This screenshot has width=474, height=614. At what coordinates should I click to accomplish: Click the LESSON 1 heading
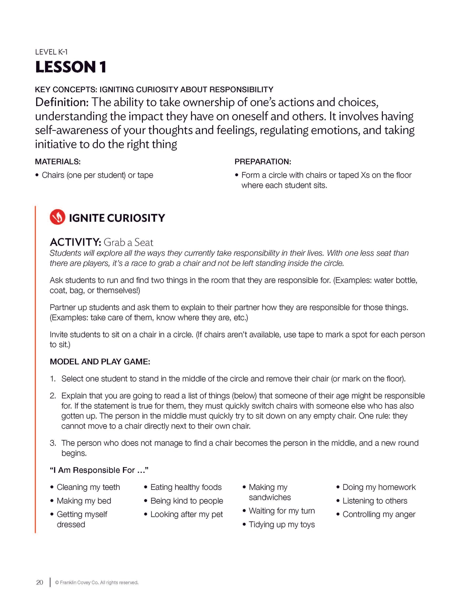(71, 67)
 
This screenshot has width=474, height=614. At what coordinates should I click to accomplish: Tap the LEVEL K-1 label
(51, 52)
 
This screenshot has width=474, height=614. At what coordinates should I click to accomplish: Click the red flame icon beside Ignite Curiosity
(57, 217)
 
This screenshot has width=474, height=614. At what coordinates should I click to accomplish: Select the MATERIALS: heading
(58, 162)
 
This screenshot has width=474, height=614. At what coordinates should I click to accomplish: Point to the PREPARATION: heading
(263, 162)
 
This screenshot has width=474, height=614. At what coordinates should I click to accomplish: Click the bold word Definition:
(62, 102)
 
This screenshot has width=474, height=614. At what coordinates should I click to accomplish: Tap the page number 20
(39, 582)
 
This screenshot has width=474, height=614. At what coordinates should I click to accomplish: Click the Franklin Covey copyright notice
(97, 582)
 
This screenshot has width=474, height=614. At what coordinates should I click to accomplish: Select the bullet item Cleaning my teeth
(88, 487)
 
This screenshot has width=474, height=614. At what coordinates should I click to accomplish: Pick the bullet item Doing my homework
(379, 487)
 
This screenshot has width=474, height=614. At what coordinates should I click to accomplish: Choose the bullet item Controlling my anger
(379, 514)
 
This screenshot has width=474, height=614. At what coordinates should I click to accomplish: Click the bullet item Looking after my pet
(186, 514)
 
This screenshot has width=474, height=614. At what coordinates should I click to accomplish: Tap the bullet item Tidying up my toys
(281, 524)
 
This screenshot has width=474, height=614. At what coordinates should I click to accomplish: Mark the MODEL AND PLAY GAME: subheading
(100, 362)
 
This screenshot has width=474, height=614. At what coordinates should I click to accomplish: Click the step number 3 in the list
(53, 443)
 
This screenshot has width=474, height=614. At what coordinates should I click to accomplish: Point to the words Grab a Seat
(128, 242)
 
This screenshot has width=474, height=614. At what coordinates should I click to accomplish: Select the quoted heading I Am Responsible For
(99, 470)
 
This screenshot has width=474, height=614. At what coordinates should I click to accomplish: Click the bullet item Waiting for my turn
(281, 511)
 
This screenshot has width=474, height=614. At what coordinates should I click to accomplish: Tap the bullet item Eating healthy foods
(186, 487)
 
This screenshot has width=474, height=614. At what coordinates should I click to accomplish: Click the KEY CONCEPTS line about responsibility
(154, 89)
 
